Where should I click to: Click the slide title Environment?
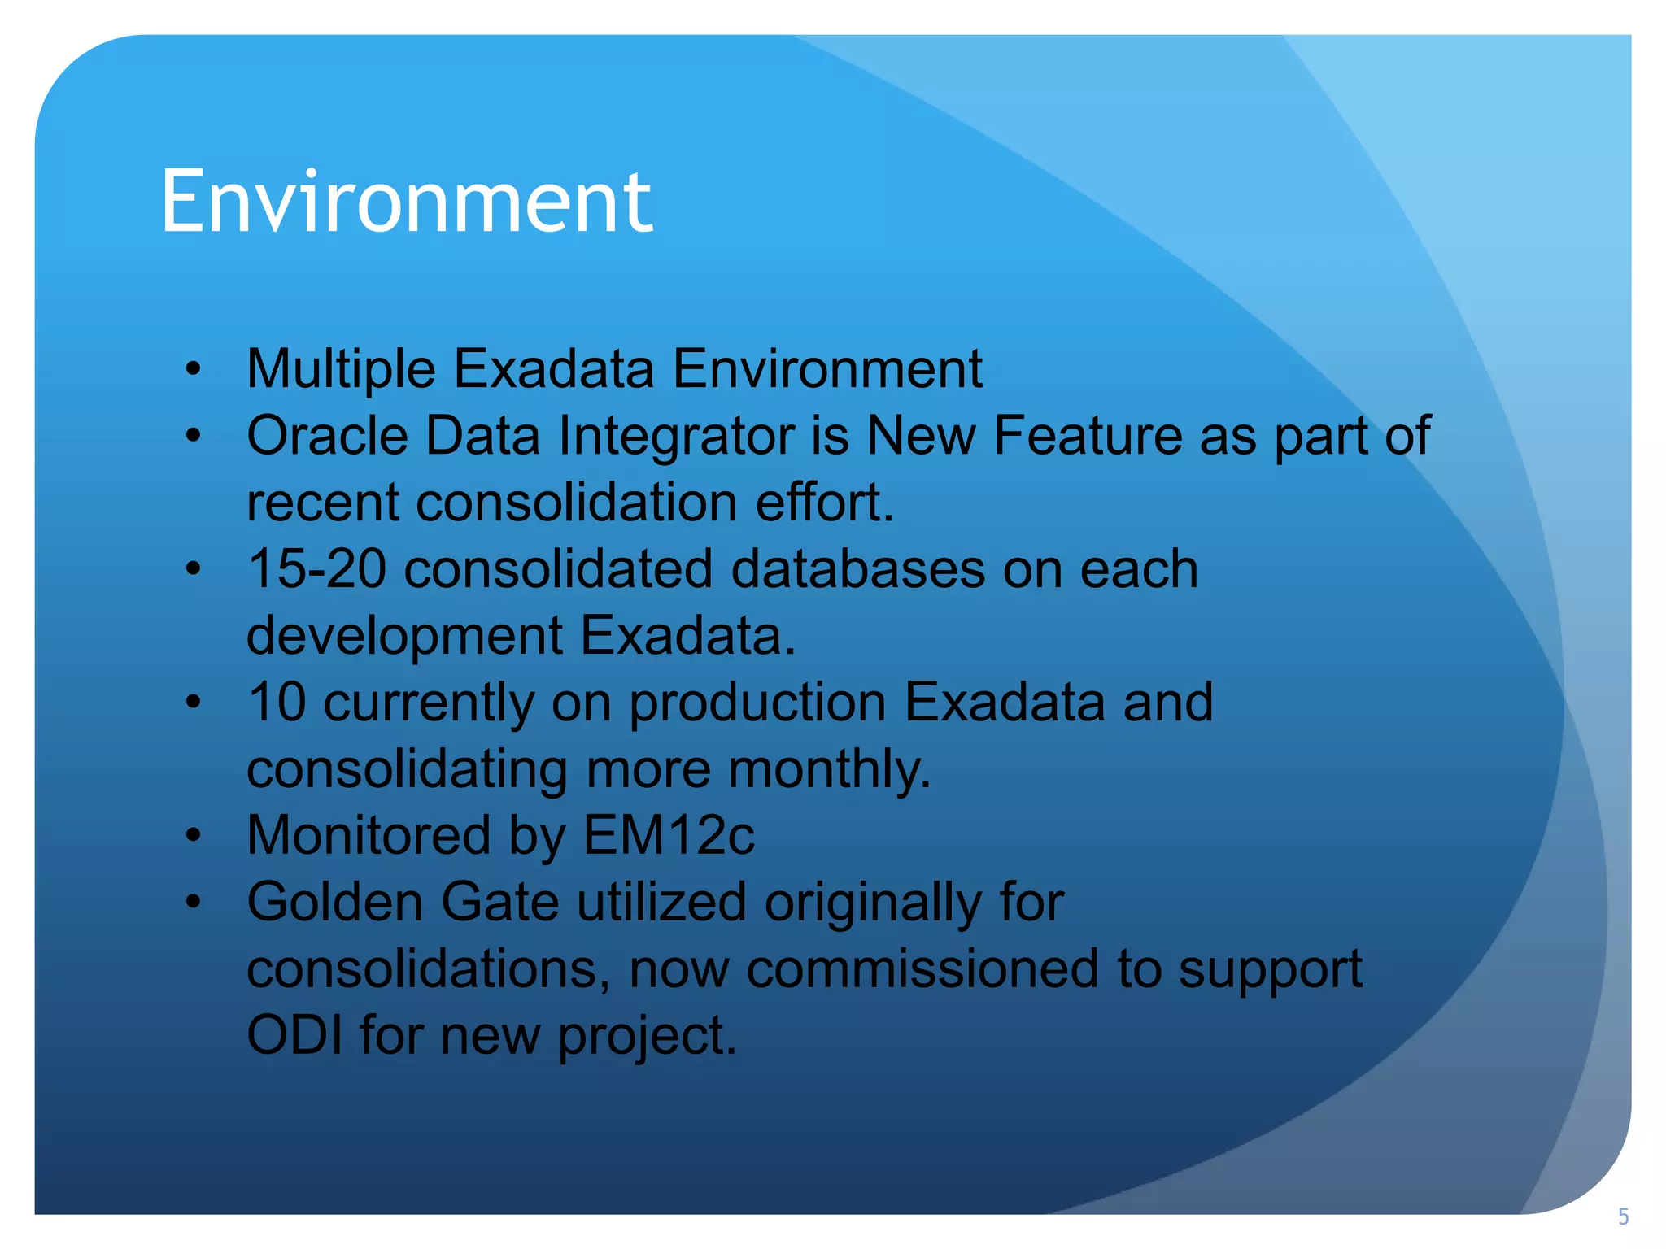pos(406,201)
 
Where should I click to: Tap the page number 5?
pos(1623,1216)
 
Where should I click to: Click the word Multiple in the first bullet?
pos(341,369)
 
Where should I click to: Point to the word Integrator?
pos(675,436)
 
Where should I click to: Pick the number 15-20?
pos(316,568)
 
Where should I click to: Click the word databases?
pos(857,568)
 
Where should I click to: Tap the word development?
pos(404,636)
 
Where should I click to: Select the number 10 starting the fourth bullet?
pos(277,702)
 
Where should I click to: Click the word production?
pos(757,703)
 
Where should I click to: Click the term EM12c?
pos(669,836)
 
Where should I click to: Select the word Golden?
pos(334,902)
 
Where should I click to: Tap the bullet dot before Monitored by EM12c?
pos(193,835)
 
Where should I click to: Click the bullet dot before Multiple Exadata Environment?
pos(193,369)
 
